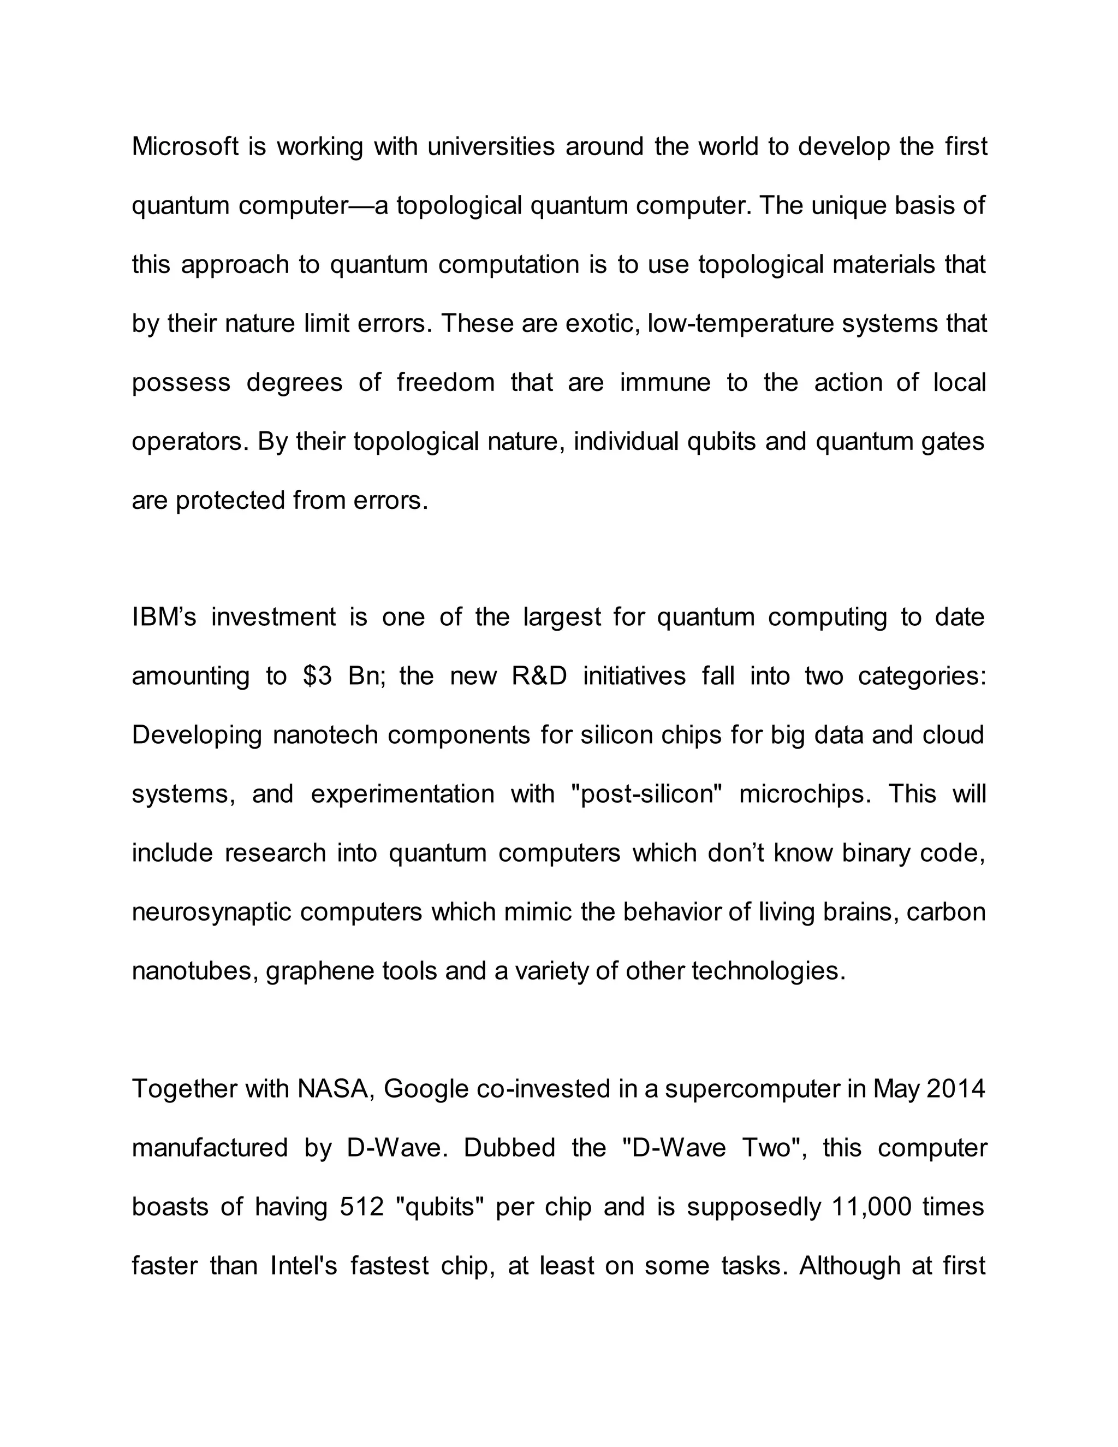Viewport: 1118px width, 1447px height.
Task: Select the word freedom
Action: pyautogui.click(x=446, y=383)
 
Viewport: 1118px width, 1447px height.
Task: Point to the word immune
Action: pyautogui.click(x=664, y=383)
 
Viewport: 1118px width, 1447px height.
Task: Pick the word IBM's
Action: pyautogui.click(x=164, y=618)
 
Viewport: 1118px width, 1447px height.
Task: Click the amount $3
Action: pyautogui.click(x=317, y=677)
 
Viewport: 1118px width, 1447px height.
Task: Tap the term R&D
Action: pyautogui.click(x=539, y=677)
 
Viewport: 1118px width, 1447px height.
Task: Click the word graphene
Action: pyautogui.click(x=320, y=971)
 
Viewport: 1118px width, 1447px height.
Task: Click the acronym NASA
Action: pyautogui.click(x=336, y=1089)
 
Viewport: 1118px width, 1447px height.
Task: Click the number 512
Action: pyautogui.click(x=361, y=1207)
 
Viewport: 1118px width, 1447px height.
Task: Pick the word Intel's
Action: pyautogui.click(x=304, y=1266)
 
